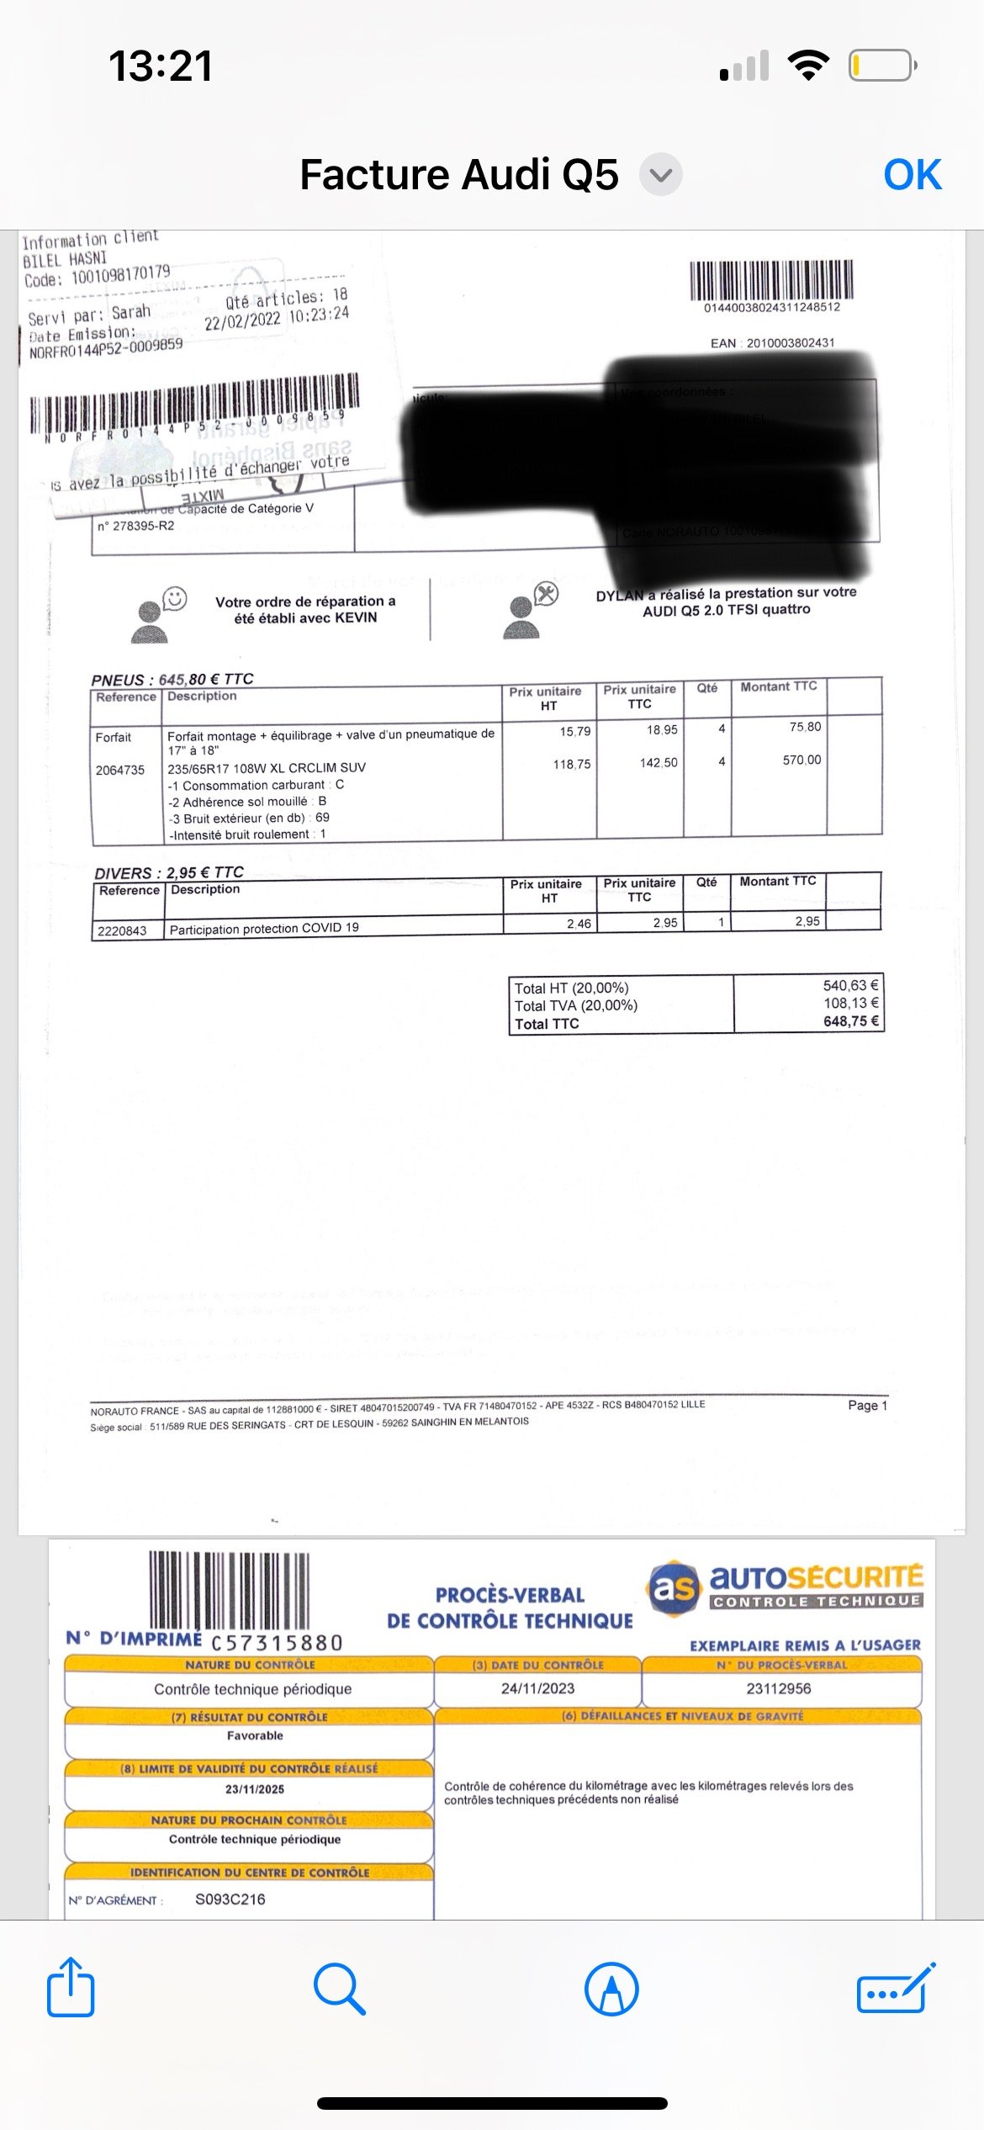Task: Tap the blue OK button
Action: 912,175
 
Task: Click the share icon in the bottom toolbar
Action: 71,1989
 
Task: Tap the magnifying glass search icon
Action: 339,1989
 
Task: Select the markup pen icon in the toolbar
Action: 611,1989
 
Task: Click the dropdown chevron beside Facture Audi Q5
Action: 661,175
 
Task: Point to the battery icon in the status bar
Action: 881,66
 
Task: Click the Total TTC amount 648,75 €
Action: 850,1021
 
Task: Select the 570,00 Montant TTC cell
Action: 801,760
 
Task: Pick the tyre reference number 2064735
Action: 120,770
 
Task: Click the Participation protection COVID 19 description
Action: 264,928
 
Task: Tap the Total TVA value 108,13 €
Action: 850,1003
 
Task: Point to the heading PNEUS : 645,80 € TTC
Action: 172,679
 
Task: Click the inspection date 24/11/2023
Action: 537,1688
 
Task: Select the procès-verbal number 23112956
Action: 779,1688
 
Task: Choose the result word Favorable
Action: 255,1735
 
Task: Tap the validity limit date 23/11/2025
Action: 255,1789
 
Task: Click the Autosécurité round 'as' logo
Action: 674,1587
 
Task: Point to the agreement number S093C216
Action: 230,1899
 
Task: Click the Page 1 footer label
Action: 867,1405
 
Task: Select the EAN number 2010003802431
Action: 790,342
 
